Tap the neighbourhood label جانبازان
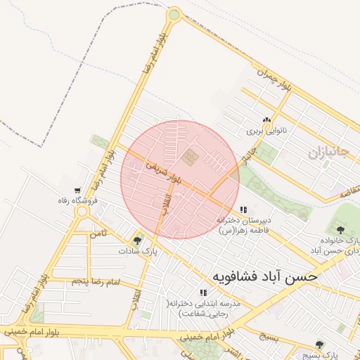click(x=327, y=152)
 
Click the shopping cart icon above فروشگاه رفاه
click(x=77, y=191)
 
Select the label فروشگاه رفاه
click(x=77, y=201)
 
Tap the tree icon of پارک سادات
click(x=137, y=240)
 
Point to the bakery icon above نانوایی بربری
click(x=266, y=120)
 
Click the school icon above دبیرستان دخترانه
click(x=243, y=210)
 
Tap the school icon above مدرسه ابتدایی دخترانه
click(x=203, y=292)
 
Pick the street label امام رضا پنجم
click(x=97, y=282)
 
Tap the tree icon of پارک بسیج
click(x=320, y=345)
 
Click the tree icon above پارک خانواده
click(x=340, y=229)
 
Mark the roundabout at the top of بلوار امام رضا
click(x=174, y=13)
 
